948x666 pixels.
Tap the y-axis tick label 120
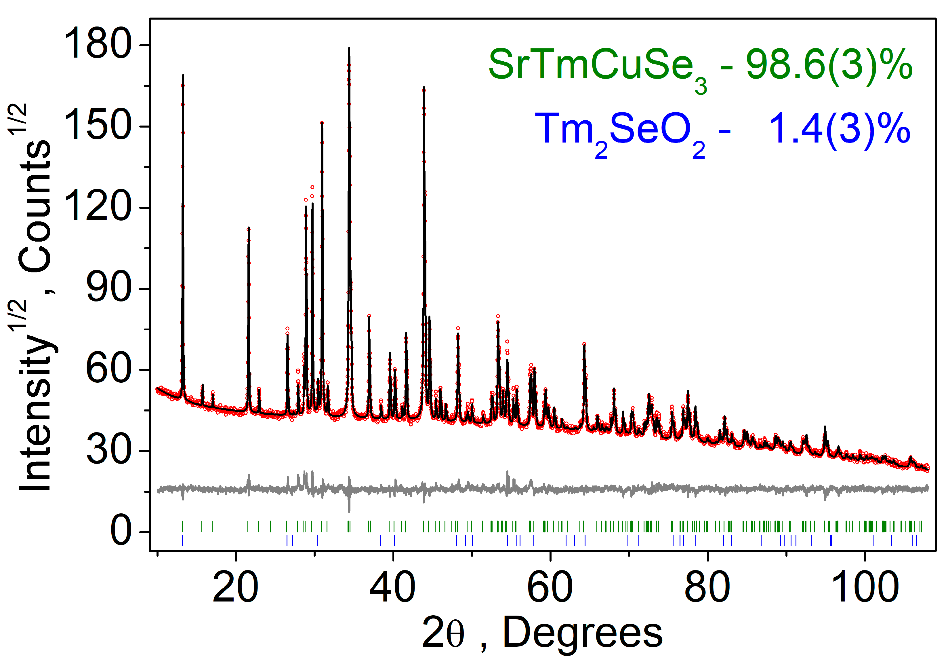click(x=98, y=206)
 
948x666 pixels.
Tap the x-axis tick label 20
click(x=235, y=588)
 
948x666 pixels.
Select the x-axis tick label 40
click(x=393, y=588)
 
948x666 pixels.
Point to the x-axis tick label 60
click(x=550, y=588)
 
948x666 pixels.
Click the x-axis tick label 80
click(x=707, y=588)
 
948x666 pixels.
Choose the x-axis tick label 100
click(x=865, y=588)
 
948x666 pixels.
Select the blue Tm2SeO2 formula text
click(x=619, y=131)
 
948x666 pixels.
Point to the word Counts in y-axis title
click(x=35, y=206)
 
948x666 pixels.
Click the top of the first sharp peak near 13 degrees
click(x=183, y=76)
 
